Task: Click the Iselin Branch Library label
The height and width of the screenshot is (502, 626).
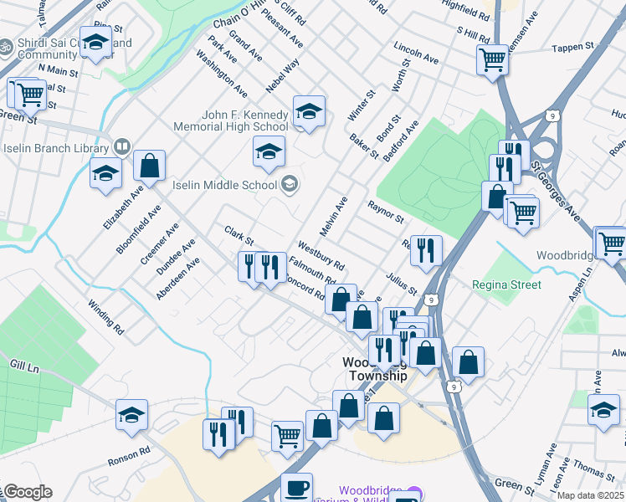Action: coord(55,147)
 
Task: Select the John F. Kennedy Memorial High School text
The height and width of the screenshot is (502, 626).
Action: coord(244,120)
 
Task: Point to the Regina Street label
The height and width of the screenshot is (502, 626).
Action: coord(505,284)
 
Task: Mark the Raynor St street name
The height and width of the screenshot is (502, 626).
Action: coord(385,212)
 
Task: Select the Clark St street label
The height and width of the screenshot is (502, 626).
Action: coord(238,235)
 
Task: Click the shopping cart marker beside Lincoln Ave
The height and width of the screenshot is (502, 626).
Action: coord(492,59)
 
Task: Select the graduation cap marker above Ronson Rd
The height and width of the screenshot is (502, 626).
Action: coord(131,415)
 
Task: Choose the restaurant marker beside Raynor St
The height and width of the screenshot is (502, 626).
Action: coord(426,248)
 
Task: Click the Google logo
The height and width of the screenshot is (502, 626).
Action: coord(27,492)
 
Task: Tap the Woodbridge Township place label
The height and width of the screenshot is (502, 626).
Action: coord(375,369)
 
